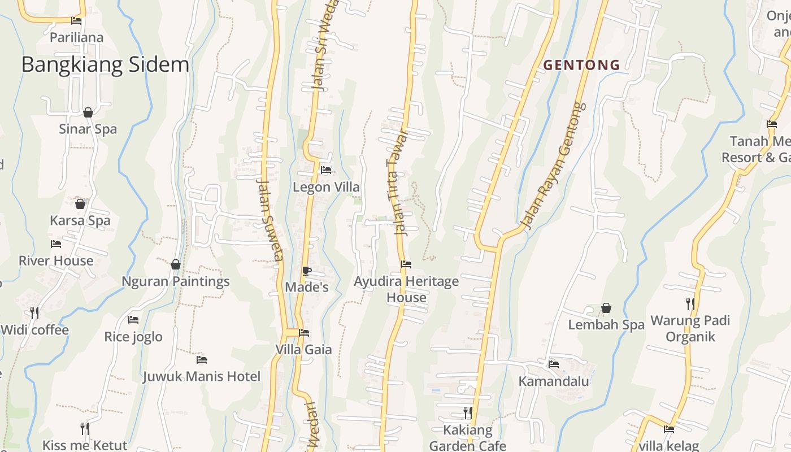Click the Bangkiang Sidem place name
[x=105, y=65]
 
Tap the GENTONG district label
[x=581, y=65]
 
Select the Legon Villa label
[x=326, y=187]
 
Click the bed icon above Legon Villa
[x=326, y=169]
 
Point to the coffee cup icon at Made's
[x=306, y=271]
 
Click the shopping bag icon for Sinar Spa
[x=88, y=112]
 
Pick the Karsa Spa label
[x=80, y=220]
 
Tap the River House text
[x=56, y=260]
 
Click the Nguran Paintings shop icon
[x=176, y=264]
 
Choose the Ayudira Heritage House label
[x=406, y=289]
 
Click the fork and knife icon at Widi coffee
[x=34, y=312]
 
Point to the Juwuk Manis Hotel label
[x=201, y=376]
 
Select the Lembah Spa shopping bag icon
[x=606, y=308]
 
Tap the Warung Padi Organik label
[x=690, y=328]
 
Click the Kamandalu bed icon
[x=553, y=364]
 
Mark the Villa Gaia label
[x=303, y=349]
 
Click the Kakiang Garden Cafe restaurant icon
[x=467, y=412]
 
